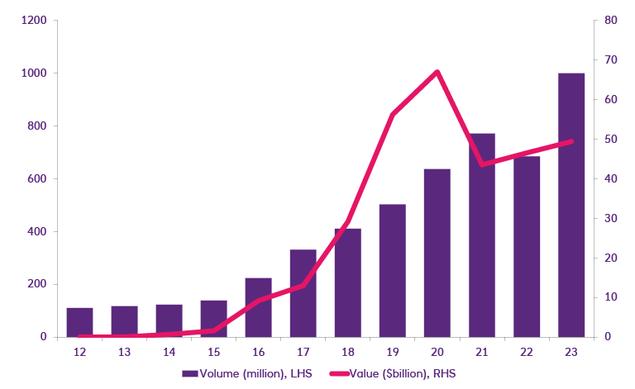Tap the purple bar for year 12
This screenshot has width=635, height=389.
click(x=79, y=322)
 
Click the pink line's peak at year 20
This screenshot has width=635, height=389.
click(x=437, y=72)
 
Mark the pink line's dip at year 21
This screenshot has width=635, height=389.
click(x=482, y=164)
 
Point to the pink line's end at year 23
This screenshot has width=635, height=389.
click(x=572, y=141)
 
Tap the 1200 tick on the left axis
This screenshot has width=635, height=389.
click(x=34, y=20)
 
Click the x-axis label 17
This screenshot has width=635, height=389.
click(x=303, y=350)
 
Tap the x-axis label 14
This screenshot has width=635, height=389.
click(x=169, y=350)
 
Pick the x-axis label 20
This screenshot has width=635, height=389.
click(x=437, y=350)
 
